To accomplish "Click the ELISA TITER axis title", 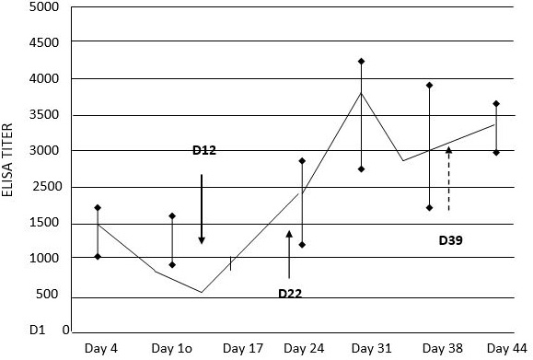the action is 7,160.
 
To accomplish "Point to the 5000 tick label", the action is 44,6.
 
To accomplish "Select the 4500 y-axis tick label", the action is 44,42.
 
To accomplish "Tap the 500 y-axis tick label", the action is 47,294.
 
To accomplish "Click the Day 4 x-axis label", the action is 101,348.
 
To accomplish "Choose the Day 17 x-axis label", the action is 243,348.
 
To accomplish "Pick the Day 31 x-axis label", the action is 372,348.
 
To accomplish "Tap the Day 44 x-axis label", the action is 507,348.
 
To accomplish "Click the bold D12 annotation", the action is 204,150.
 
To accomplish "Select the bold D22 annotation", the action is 290,294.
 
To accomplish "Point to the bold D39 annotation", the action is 451,240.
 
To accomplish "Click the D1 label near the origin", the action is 37,330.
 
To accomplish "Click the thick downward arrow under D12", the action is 202,209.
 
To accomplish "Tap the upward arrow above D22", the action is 289,254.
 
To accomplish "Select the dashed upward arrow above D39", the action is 448,179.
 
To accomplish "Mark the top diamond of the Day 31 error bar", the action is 362,61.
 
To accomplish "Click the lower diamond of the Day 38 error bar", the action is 429,208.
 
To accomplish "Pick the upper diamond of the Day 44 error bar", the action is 496,103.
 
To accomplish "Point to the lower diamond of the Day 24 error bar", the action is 302,245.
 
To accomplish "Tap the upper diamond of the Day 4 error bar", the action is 98,208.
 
